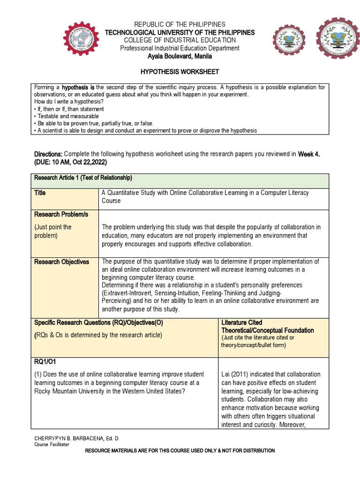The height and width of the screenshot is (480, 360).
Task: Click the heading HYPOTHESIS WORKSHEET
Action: [x=180, y=72]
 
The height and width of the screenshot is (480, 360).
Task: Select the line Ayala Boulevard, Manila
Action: [x=180, y=56]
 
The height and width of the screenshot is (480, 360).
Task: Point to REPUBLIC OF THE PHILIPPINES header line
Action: [x=180, y=24]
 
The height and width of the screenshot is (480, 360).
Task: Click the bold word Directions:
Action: [x=48, y=154]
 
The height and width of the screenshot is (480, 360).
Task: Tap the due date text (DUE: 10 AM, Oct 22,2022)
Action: [x=71, y=162]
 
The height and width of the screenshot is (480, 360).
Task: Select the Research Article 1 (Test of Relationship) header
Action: [x=83, y=178]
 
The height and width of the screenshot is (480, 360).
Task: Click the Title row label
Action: [x=40, y=193]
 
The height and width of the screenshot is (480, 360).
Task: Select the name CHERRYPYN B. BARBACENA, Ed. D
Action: [x=77, y=438]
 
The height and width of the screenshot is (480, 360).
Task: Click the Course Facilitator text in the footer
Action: [x=52, y=444]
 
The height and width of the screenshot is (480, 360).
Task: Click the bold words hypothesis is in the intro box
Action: [x=78, y=87]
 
